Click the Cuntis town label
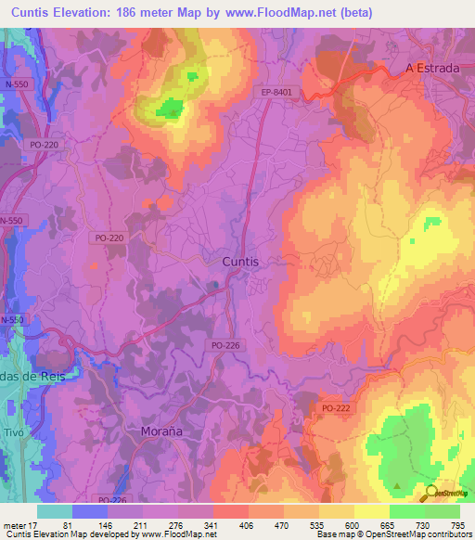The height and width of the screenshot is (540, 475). pos(240,263)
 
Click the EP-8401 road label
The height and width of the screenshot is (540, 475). pos(277,93)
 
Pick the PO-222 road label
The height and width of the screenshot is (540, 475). pos(339,408)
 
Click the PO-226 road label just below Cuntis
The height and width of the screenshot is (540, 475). pos(225,345)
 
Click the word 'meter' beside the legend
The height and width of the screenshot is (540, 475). pos(13,524)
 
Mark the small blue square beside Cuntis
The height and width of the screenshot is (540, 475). pos(214,285)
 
